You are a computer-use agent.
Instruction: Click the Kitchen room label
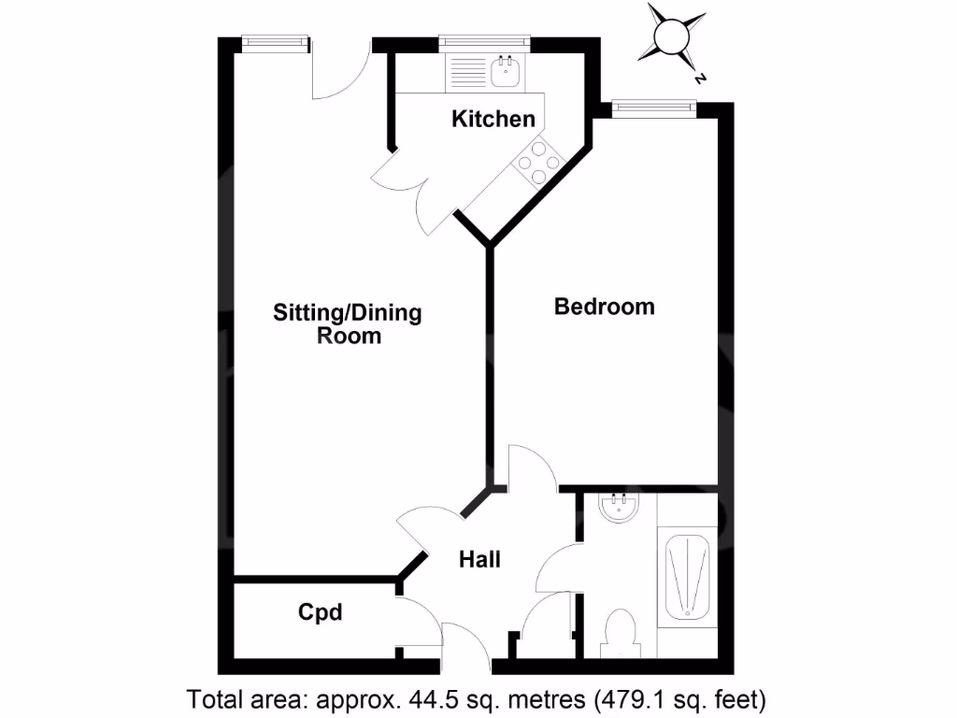(493, 119)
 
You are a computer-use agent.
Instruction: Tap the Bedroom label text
(604, 307)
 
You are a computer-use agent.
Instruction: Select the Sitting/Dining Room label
(348, 323)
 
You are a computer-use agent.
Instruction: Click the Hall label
(479, 559)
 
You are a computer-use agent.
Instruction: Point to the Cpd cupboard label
(320, 612)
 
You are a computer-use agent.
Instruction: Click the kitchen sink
(507, 70)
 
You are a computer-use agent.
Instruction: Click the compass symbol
(671, 36)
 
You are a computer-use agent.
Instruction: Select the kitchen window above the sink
(484, 41)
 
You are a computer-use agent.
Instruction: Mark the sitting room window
(274, 41)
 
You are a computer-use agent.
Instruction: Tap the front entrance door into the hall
(465, 645)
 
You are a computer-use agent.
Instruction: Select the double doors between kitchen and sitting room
(417, 192)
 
